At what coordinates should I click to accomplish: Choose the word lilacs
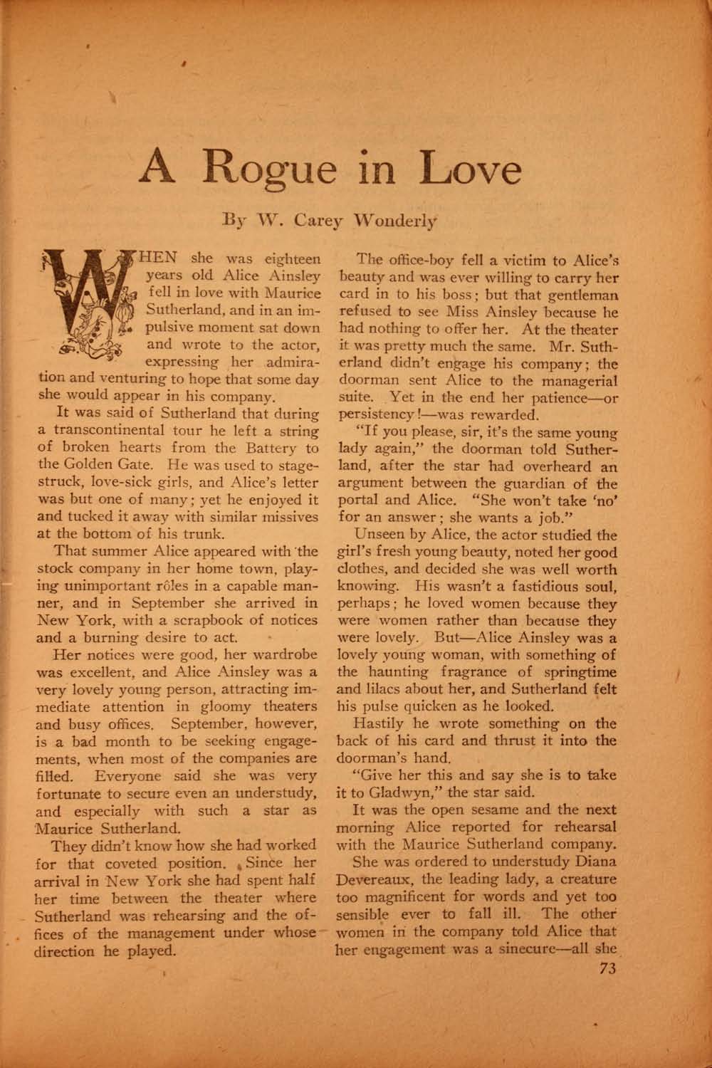point(390,689)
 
